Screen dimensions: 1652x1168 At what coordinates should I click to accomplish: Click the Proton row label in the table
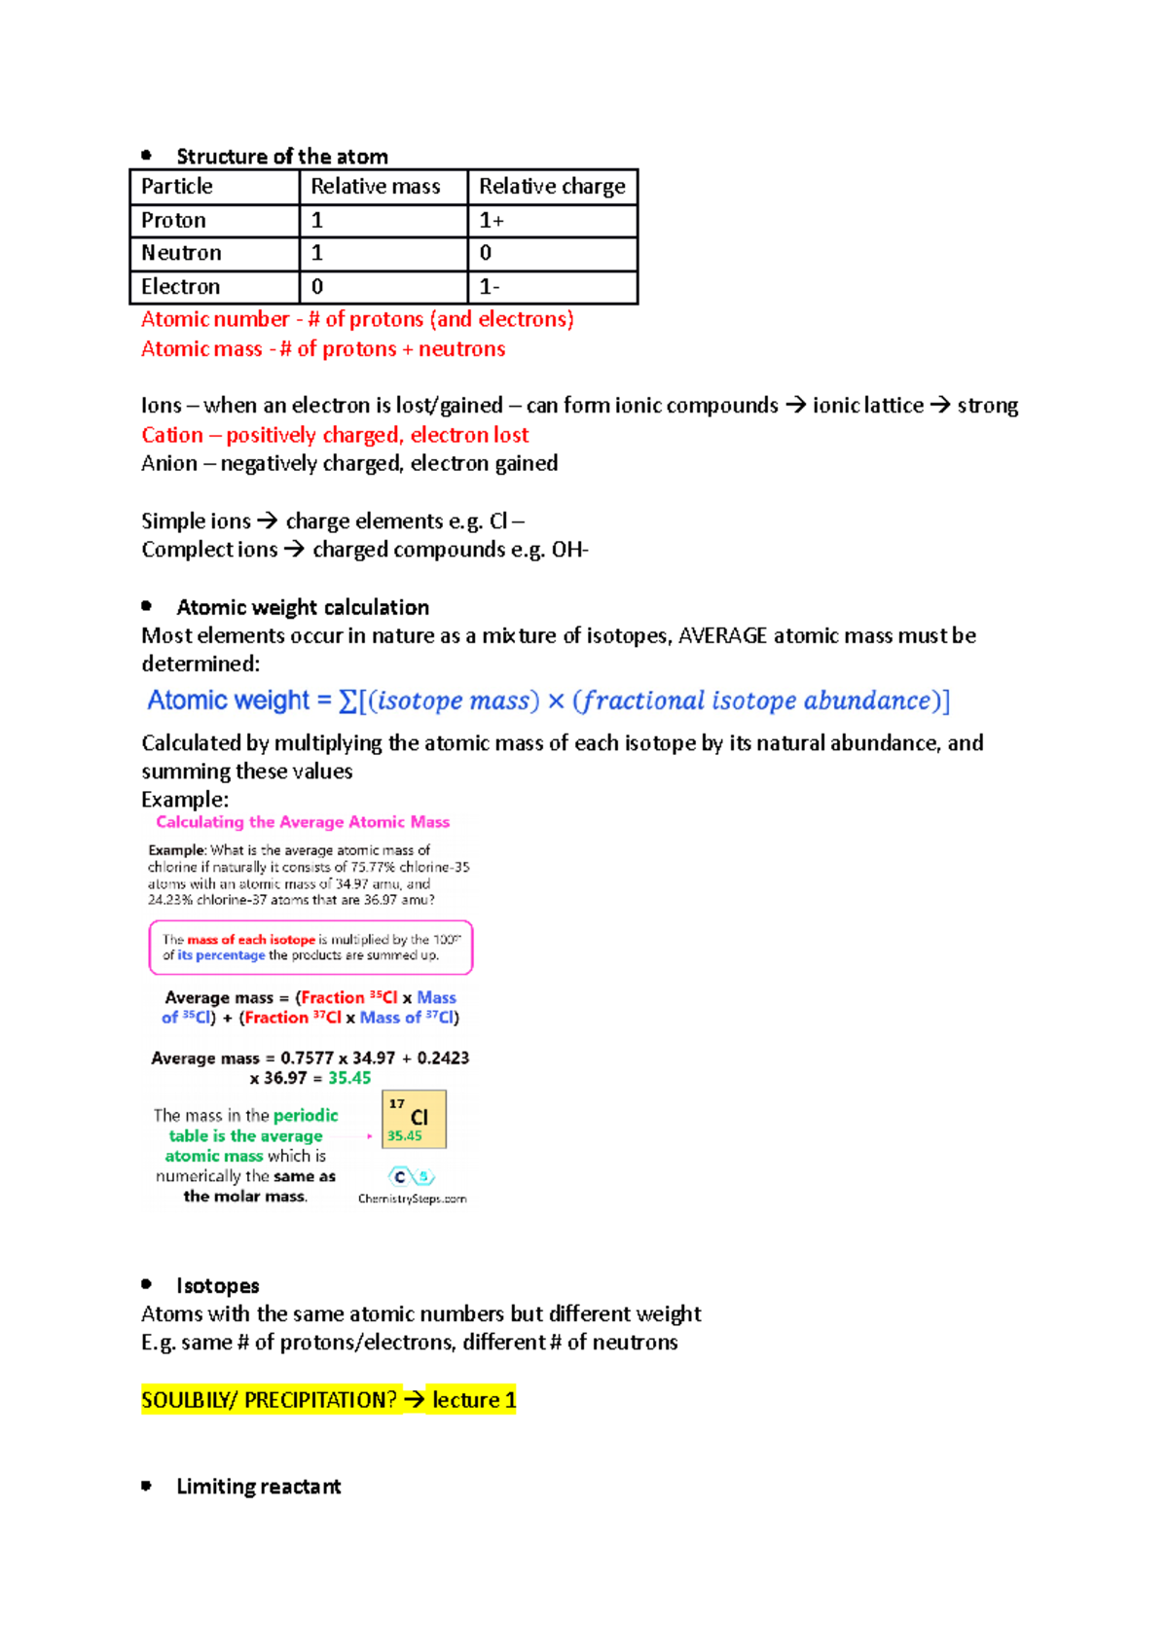click(173, 221)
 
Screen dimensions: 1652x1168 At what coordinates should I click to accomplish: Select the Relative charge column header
click(552, 187)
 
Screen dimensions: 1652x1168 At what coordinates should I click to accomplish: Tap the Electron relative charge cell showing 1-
click(490, 287)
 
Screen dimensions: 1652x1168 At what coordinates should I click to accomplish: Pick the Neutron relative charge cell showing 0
click(486, 253)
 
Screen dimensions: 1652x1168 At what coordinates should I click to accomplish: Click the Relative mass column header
click(376, 187)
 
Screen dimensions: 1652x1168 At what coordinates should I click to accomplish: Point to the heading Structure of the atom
click(282, 157)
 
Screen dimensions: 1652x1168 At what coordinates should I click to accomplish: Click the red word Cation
click(172, 435)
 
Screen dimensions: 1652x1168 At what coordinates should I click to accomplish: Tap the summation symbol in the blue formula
click(347, 701)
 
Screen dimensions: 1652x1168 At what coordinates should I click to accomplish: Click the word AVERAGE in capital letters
click(722, 636)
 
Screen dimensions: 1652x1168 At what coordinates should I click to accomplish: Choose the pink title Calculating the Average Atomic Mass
click(303, 822)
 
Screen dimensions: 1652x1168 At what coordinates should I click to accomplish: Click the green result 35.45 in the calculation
click(349, 1078)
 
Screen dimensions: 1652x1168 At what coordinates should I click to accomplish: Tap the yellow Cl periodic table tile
click(415, 1120)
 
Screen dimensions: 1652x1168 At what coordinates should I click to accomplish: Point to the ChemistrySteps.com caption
click(412, 1199)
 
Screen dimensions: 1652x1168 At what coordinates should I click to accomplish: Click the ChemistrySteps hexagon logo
click(411, 1177)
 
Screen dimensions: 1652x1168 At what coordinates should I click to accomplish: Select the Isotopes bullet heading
click(218, 1286)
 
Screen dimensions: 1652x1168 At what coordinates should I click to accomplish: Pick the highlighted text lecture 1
click(474, 1400)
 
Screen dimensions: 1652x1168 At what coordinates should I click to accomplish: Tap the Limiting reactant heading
click(259, 1487)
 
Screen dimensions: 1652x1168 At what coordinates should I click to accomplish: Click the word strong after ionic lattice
click(987, 406)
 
